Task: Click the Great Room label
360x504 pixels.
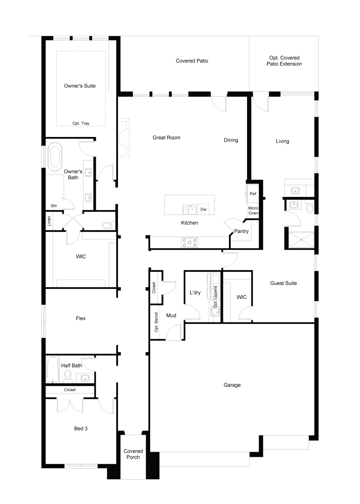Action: click(166, 138)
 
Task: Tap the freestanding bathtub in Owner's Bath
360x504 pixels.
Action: click(55, 157)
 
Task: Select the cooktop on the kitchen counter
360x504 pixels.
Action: click(189, 242)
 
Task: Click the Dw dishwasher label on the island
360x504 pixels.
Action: click(203, 209)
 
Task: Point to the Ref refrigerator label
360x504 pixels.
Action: click(253, 194)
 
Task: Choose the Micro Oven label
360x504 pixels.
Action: click(253, 211)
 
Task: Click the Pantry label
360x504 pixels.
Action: click(241, 231)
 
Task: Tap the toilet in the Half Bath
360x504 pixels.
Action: click(68, 376)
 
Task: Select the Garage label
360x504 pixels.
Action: click(232, 385)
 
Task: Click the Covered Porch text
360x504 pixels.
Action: click(133, 454)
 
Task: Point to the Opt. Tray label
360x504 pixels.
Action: click(81, 123)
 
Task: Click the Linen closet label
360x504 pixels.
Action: click(49, 221)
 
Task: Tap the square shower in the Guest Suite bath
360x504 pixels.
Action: click(301, 240)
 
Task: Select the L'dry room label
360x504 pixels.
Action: click(195, 292)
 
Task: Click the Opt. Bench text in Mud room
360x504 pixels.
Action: click(156, 322)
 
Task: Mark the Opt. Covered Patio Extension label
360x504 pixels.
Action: click(284, 61)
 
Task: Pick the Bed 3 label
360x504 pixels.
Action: click(81, 428)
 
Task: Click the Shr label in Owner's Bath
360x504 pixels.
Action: click(54, 206)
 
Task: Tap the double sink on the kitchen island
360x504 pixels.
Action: click(190, 210)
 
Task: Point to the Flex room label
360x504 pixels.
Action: click(81, 318)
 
